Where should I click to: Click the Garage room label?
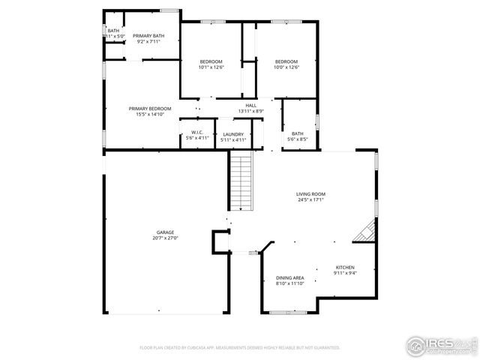point(166,232)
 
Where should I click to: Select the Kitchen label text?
point(345,268)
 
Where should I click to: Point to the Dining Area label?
point(289,277)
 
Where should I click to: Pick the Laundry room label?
point(232,133)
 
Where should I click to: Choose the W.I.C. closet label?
point(197,133)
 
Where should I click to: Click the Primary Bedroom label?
point(149,109)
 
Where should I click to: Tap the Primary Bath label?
point(148,35)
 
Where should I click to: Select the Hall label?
point(251,106)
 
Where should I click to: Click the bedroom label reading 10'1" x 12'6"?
point(211,67)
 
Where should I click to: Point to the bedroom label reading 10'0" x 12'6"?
point(286,67)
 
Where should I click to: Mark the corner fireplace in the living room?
point(365,232)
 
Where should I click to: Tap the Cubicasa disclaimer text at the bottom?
point(240,348)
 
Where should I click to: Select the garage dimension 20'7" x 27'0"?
point(166,238)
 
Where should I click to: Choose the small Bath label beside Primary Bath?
point(112,31)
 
